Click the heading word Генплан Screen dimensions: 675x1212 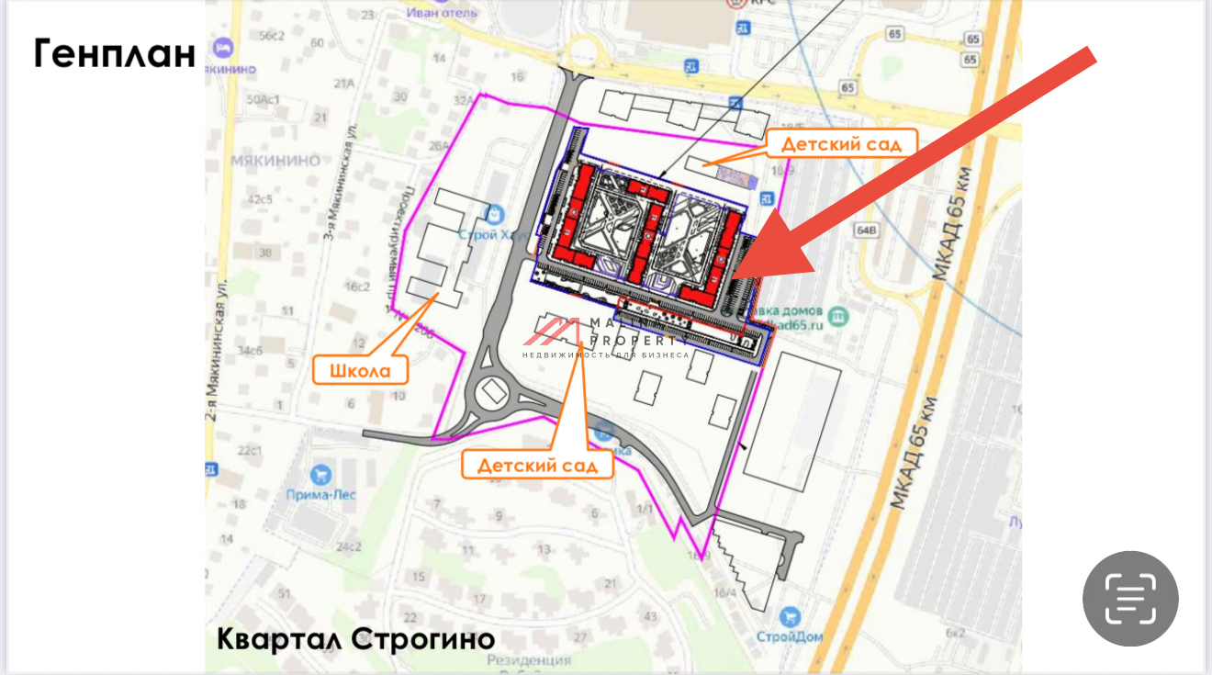tap(115, 54)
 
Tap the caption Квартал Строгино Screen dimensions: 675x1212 tap(355, 638)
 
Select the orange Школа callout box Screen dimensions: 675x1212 tap(361, 370)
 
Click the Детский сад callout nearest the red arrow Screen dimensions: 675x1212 tap(836, 144)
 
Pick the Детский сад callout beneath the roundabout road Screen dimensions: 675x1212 tap(544, 465)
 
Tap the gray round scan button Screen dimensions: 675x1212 tap(1130, 598)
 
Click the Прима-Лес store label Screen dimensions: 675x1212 tap(333, 495)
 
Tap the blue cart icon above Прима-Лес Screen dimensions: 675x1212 tap(320, 474)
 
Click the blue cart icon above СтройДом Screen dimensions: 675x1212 tap(789, 616)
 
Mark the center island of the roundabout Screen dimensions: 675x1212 tap(491, 394)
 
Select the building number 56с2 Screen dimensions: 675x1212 tap(273, 36)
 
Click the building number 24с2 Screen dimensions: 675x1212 tap(348, 546)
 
